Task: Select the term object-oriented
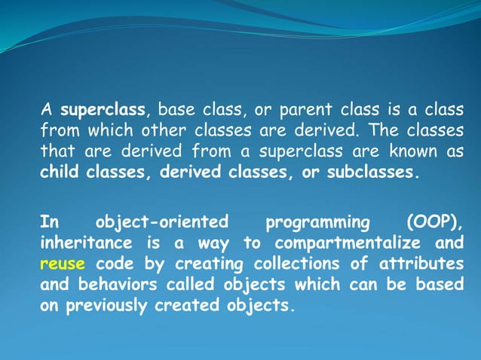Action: pyautogui.click(x=161, y=223)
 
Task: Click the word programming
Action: pyautogui.click(x=318, y=223)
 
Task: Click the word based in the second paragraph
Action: pyautogui.click(x=438, y=285)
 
